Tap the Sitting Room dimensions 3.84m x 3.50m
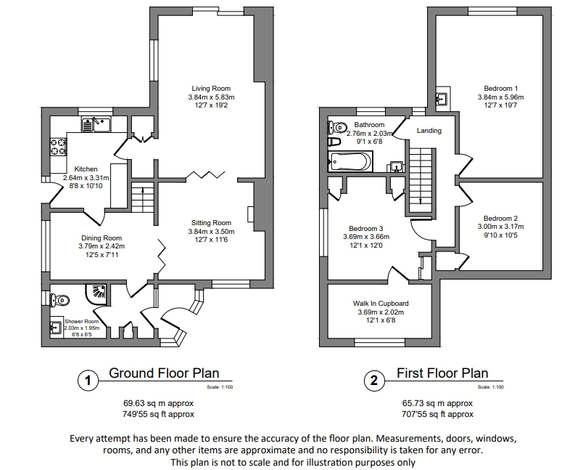[x=211, y=232]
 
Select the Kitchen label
[x=86, y=169]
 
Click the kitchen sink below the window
[x=96, y=125]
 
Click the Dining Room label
[x=100, y=238]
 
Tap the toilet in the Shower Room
[x=60, y=299]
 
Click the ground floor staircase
[x=143, y=196]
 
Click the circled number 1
[x=87, y=379]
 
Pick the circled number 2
[x=374, y=379]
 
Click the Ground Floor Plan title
[x=164, y=373]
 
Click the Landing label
[x=429, y=131]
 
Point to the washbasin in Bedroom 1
[x=442, y=99]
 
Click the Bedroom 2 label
[x=500, y=218]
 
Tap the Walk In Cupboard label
[x=380, y=303]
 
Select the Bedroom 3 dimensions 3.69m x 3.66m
[x=366, y=236]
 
